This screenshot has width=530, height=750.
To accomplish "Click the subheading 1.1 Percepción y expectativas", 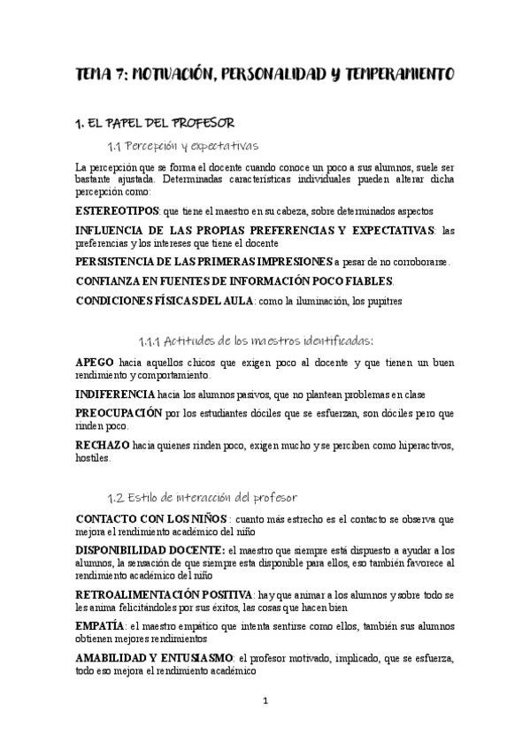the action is point(182,145).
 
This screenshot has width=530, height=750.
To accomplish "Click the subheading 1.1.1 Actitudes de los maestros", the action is point(257,340).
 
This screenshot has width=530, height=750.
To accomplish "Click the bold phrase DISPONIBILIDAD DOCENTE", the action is point(143,549).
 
